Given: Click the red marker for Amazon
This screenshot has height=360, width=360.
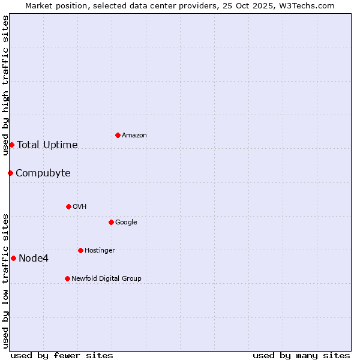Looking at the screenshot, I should coord(118,135).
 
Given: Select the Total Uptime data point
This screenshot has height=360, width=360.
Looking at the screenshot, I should coord(11,145).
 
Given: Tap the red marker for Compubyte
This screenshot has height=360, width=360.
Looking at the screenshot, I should coord(10,173).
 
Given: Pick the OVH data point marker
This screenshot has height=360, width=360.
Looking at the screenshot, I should coord(68,206).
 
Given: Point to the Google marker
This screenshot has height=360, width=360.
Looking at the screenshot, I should coord(111,222).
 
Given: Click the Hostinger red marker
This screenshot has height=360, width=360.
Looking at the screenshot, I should coord(80,250).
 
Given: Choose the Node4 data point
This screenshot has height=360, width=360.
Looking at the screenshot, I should coord(13,258).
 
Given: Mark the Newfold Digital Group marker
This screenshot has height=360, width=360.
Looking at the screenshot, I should coord(67,278).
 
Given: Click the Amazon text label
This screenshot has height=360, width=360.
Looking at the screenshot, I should coord(134,136).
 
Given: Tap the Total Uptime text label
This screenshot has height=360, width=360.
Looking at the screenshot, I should coord(47,145).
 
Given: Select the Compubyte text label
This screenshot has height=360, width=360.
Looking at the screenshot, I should coord(43,173).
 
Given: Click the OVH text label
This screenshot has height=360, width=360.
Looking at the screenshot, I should coord(80,207).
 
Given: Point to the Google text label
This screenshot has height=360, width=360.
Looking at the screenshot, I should coord(126,223).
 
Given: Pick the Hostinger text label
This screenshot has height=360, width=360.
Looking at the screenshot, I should coord(100,251).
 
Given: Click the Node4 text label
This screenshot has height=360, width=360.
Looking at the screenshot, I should coord(34,259).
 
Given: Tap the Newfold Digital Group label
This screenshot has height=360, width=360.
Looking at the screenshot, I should coord(106,279).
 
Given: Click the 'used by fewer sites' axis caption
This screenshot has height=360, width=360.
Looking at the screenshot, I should coord(62,355).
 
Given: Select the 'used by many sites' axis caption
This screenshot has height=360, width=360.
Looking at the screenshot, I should coord(301,355).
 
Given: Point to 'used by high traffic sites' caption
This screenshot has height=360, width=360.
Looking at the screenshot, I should coord(5,85).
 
